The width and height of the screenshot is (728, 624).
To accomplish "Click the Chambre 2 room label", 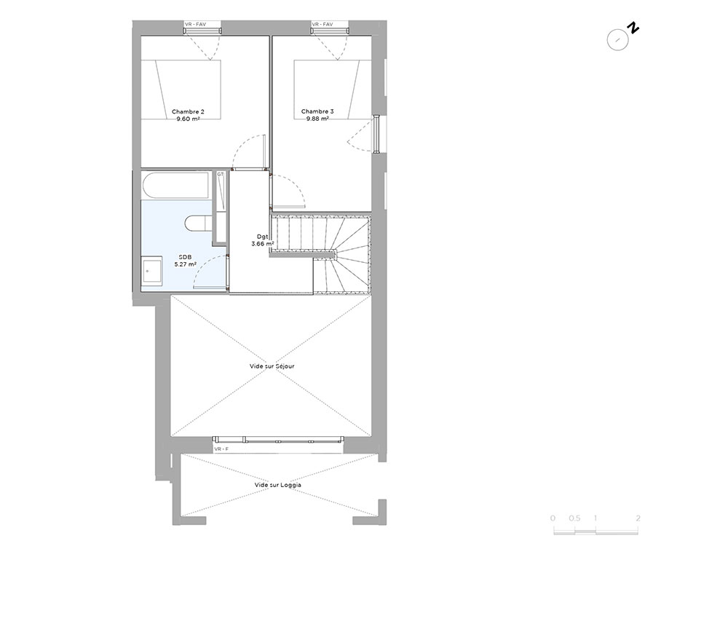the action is point(188,112).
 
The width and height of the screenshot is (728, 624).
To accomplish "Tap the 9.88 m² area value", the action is point(317,119).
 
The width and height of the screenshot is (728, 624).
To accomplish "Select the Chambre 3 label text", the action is point(317,111).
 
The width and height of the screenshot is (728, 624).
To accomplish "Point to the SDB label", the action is point(185,257).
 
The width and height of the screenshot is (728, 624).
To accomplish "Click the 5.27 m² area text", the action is point(185,264).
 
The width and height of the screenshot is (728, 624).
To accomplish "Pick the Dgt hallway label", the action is point(262,237).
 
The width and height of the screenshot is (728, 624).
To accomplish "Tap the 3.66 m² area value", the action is point(262,244).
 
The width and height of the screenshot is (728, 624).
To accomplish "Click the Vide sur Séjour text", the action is point(272,366).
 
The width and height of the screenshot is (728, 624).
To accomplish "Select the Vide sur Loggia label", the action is point(277,485).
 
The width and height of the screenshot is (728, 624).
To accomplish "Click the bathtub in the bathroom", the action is point(177,186).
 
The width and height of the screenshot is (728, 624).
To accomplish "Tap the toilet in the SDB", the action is point(198,224).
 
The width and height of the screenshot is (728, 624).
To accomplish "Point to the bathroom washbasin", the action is point(152,271).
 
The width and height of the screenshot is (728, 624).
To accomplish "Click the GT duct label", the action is point(220,175).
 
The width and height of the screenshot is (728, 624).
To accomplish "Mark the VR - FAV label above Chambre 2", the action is point(195,24).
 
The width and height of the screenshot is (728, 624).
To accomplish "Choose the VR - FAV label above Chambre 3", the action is point(323,24).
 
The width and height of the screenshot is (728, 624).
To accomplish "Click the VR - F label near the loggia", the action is point(221,449).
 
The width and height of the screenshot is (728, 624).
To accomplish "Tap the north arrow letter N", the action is point(633,28).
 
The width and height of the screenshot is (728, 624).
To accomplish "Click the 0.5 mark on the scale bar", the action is point(574,518).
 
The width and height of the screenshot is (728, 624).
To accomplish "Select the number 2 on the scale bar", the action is point(638,518).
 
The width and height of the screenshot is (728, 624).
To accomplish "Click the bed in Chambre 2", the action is point(181,90).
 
